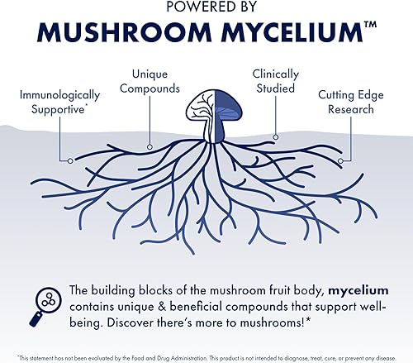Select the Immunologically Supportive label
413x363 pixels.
pos(60,103)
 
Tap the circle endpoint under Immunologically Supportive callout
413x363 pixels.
pos(71,160)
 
